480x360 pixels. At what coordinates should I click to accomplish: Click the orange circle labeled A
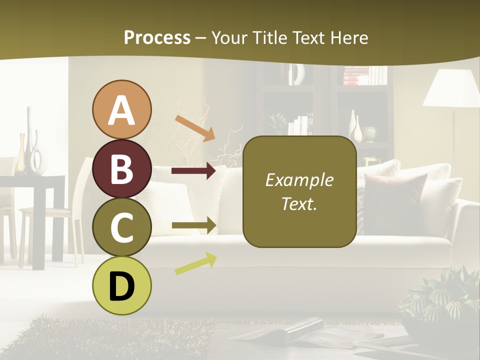pyautogui.click(x=121, y=110)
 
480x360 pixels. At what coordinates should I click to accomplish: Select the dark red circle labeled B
pyautogui.click(x=121, y=169)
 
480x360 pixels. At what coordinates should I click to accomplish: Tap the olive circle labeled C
pyautogui.click(x=121, y=227)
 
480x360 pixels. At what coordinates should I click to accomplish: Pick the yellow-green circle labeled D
pyautogui.click(x=121, y=286)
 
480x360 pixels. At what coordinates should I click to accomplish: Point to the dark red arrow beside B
pyautogui.click(x=193, y=171)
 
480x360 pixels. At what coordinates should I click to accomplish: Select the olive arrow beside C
pyautogui.click(x=193, y=225)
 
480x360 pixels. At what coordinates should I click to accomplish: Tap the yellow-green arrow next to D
pyautogui.click(x=195, y=263)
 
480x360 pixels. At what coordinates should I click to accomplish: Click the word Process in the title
pyautogui.click(x=157, y=37)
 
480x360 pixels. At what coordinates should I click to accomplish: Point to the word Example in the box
pyautogui.click(x=299, y=180)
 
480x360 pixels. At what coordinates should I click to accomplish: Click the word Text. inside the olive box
pyautogui.click(x=299, y=203)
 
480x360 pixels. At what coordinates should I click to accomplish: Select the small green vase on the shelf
pyautogui.click(x=369, y=133)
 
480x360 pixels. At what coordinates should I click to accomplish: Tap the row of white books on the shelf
pyautogui.click(x=300, y=126)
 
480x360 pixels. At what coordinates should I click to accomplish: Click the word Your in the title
pyautogui.click(x=230, y=37)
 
